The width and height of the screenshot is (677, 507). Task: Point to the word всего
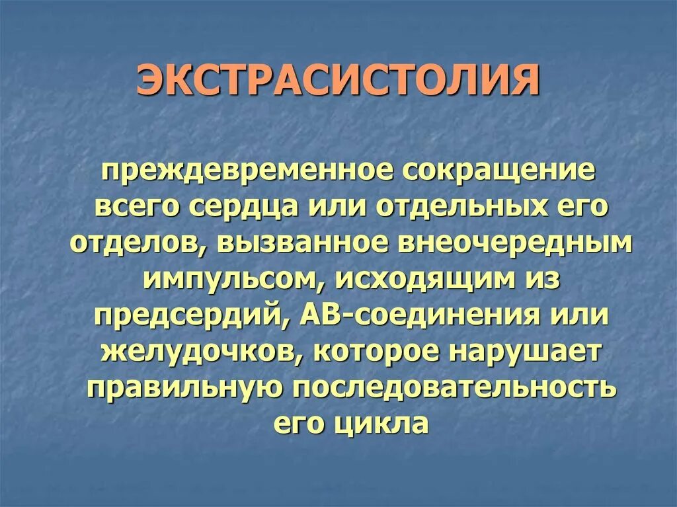tap(138, 207)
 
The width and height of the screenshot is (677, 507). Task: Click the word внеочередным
tap(507, 244)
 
